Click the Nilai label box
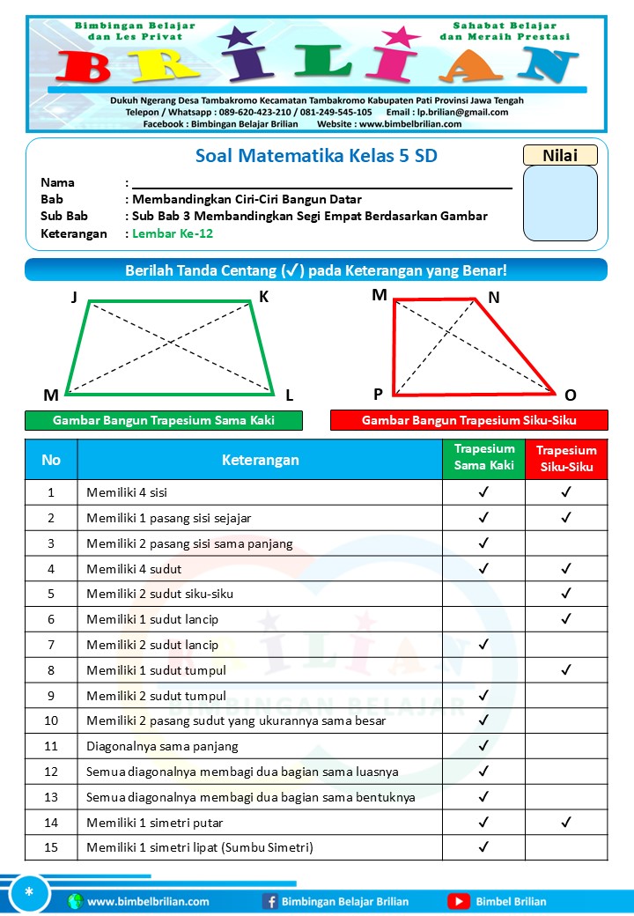point(560,155)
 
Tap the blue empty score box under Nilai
point(560,203)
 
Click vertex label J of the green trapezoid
point(75,298)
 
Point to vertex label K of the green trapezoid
point(263,298)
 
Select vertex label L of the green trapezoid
point(289,395)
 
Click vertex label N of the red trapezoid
point(494,298)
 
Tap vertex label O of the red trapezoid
point(570,395)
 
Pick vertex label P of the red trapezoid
point(378,395)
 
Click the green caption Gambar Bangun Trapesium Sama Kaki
point(164,420)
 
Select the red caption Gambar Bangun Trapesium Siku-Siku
point(468,420)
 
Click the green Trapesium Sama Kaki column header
point(483,458)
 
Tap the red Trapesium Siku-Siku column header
point(566,458)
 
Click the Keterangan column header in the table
point(260,459)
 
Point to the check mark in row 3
point(483,543)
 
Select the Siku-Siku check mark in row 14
point(566,822)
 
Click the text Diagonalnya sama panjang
point(162,746)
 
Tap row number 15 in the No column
point(51,847)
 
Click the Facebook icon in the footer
point(270,901)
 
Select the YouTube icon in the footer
point(458,901)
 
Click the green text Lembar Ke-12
point(173,233)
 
